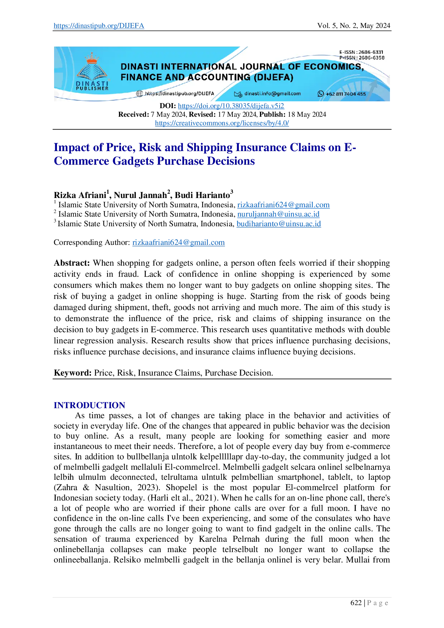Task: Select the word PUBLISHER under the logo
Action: coord(92,88)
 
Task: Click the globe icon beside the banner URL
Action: coord(140,94)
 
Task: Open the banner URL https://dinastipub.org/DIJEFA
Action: coord(179,94)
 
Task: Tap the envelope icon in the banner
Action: coord(238,94)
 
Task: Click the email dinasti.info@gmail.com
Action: coord(272,94)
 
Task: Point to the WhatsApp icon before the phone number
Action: coord(321,94)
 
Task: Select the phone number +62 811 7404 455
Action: coord(346,94)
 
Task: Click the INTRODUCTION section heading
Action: coord(89,405)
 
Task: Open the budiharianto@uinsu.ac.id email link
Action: coord(279,224)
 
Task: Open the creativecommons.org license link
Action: coord(222,124)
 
